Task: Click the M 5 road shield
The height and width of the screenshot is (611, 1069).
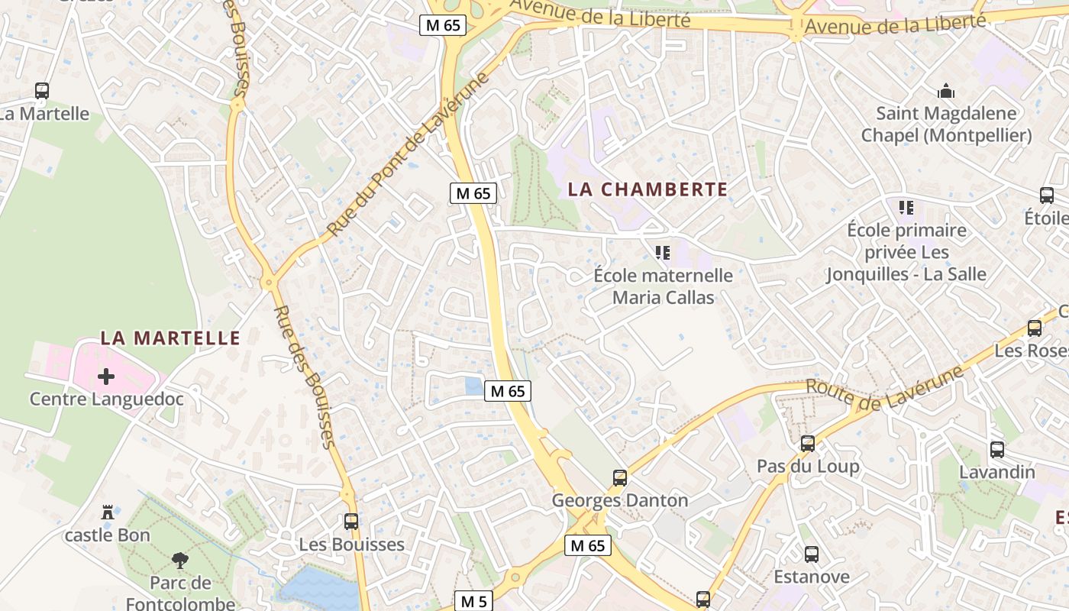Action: (x=474, y=601)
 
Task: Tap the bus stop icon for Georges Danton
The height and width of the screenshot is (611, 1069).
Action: (x=620, y=478)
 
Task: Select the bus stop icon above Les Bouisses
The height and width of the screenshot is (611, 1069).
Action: (x=351, y=522)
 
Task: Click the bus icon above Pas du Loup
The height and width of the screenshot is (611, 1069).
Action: (x=808, y=443)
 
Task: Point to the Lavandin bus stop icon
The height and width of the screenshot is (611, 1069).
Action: (x=997, y=449)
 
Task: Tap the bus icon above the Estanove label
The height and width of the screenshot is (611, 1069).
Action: (x=812, y=554)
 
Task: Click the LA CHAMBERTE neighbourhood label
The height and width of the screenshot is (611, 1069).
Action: (x=648, y=189)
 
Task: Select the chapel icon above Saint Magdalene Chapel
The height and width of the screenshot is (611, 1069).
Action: (x=946, y=92)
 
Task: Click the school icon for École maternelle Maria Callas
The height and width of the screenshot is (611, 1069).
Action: (x=663, y=252)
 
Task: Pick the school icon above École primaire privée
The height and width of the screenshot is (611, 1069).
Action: (x=906, y=207)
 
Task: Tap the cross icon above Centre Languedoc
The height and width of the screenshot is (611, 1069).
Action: (x=106, y=376)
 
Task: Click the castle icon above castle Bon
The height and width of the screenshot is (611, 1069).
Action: (x=108, y=512)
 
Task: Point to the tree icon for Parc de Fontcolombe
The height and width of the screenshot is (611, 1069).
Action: (x=180, y=561)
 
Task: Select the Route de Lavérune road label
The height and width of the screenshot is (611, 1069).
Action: (x=886, y=390)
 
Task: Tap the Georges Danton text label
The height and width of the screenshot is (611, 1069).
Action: (x=620, y=501)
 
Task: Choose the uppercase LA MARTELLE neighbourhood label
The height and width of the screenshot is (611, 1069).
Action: (x=170, y=338)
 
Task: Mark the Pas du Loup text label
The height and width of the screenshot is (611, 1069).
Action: (x=808, y=466)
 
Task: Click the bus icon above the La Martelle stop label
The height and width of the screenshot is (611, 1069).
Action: (x=42, y=91)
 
